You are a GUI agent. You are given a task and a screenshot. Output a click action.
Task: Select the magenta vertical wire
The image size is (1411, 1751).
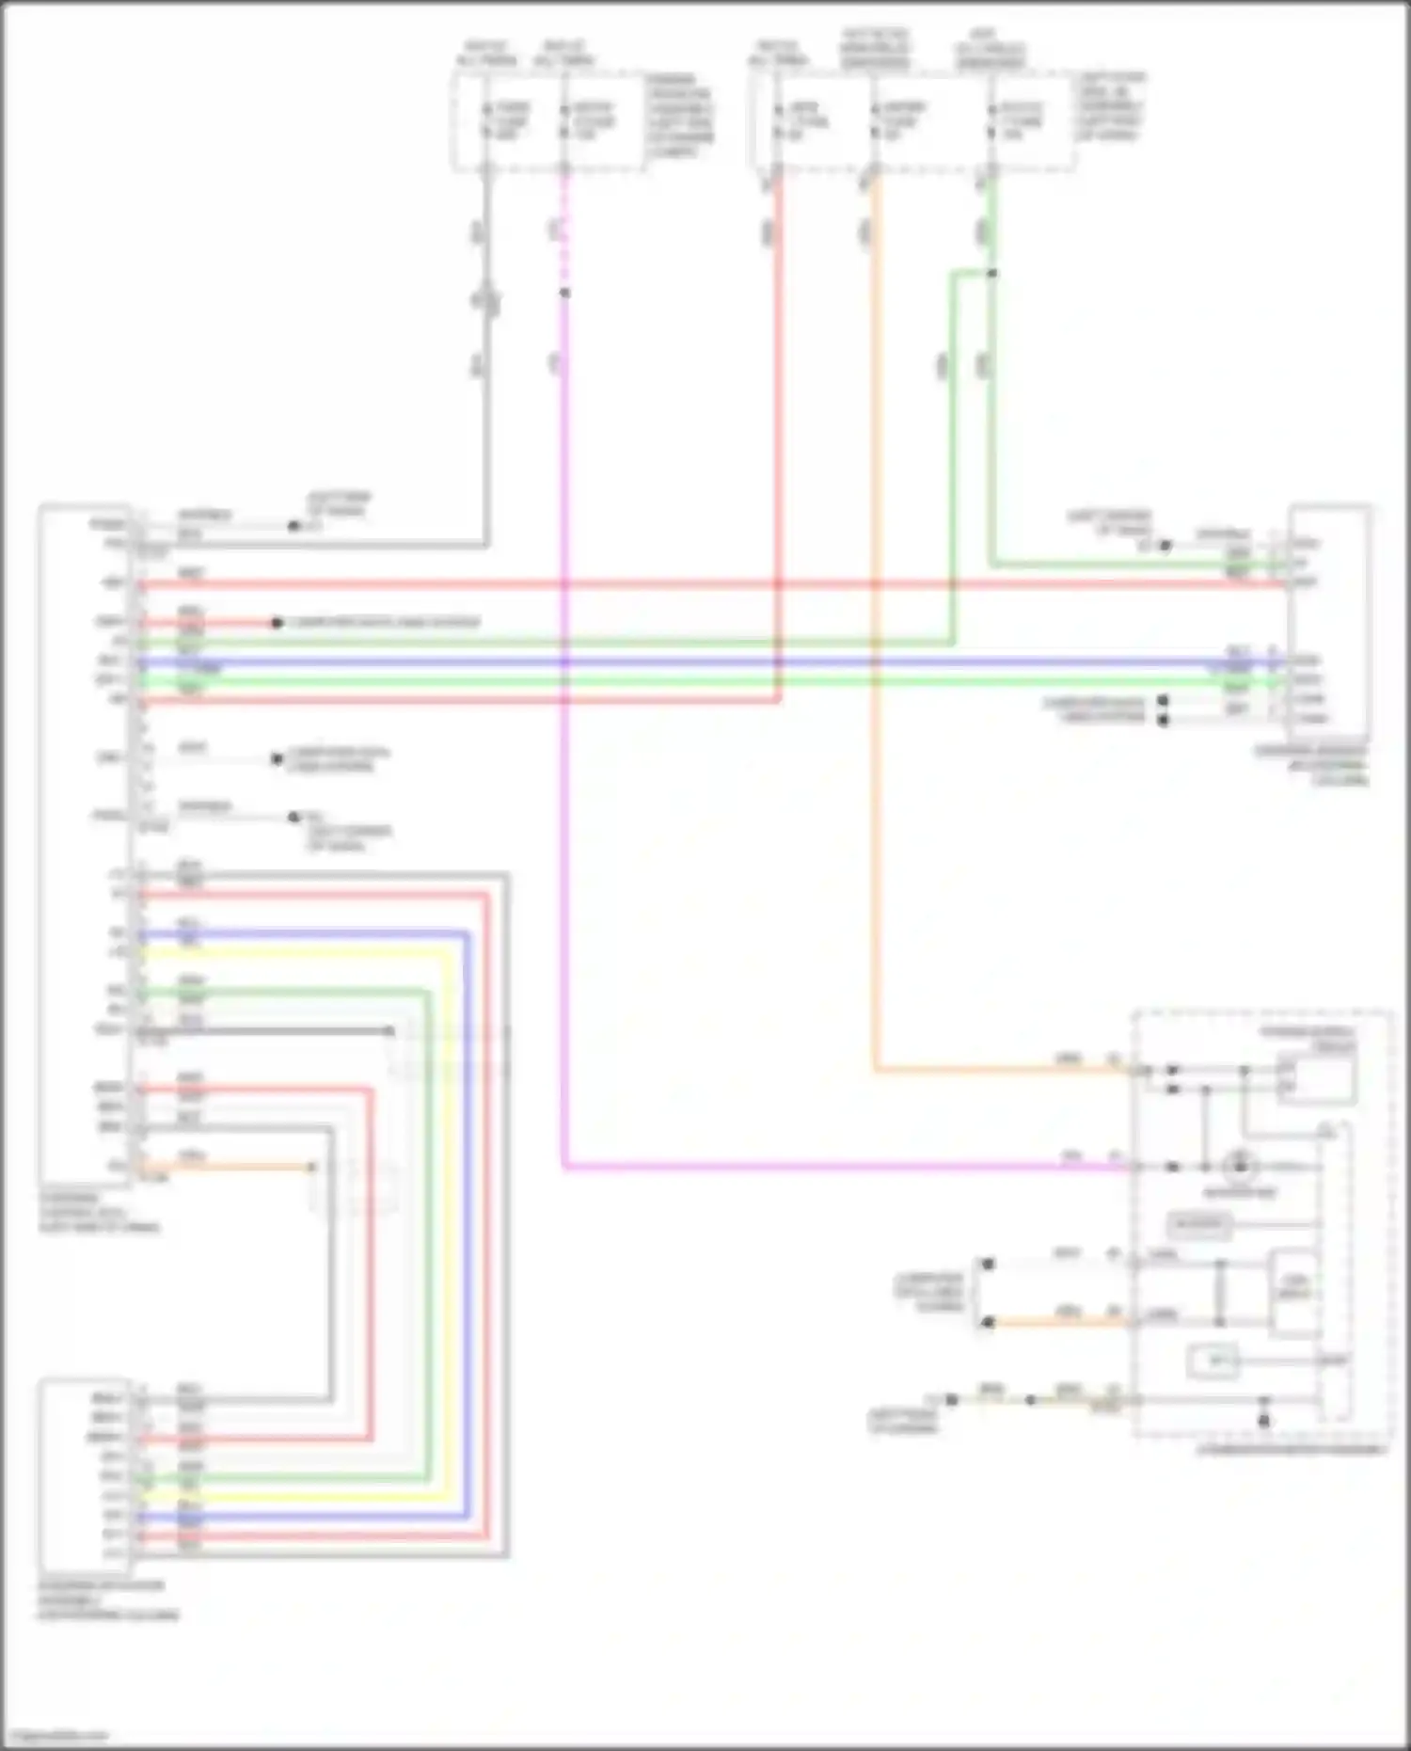coord(564,847)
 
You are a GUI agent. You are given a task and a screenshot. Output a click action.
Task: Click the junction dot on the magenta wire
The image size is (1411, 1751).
coord(564,294)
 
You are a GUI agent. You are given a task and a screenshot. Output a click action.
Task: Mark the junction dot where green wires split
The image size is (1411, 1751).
coord(992,274)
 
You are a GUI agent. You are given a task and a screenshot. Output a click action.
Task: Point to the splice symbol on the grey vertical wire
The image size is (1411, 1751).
coord(486,300)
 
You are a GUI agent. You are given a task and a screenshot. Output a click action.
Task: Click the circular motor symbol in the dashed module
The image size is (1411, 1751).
coord(1239,1167)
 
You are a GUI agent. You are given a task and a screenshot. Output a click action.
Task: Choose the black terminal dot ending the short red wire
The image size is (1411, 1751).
coord(277,623)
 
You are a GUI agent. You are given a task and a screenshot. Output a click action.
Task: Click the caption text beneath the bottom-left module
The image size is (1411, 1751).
coord(108,1600)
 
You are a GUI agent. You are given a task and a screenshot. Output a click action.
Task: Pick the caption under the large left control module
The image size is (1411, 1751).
coord(99,1214)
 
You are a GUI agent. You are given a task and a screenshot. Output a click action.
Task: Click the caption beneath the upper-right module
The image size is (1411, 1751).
coord(1312,765)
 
